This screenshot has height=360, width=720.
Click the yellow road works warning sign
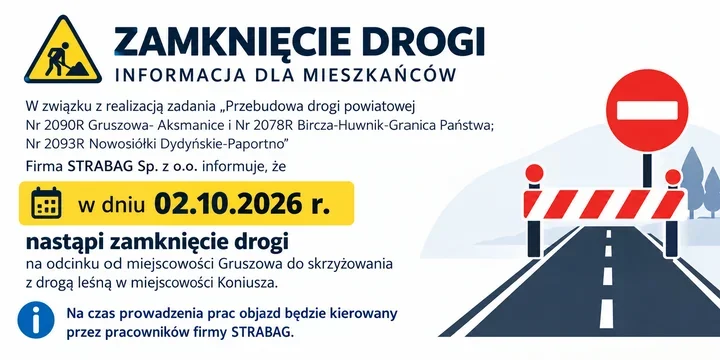(63, 51)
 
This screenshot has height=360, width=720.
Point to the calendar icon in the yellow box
(46, 202)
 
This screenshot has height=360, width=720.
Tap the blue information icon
(36, 320)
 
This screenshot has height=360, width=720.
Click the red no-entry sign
(647, 111)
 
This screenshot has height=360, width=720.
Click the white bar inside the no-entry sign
(647, 110)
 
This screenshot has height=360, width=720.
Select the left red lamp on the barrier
(534, 173)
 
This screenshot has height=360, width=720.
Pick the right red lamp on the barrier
(673, 177)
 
